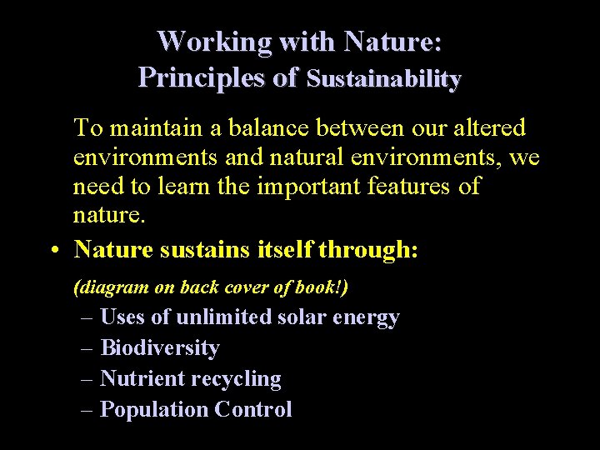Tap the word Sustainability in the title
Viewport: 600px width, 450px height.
[384, 79]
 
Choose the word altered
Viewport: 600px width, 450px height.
[488, 128]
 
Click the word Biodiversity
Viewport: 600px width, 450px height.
[159, 347]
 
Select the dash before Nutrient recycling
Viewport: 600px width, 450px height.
[87, 378]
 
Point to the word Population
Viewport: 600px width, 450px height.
[153, 409]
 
